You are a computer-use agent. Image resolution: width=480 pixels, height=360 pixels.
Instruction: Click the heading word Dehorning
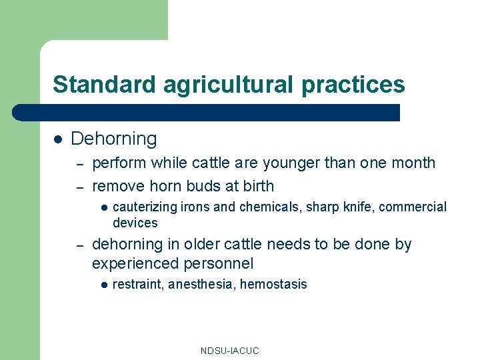click(x=114, y=139)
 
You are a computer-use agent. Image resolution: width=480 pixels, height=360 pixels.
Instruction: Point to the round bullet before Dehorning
click(x=58, y=139)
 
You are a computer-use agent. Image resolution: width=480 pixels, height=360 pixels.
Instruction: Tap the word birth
click(x=256, y=185)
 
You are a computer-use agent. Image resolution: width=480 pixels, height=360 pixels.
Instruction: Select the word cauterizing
click(x=145, y=207)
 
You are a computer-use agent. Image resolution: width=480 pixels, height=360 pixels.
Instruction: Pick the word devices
click(x=135, y=223)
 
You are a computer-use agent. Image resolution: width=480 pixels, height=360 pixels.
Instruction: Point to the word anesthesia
click(x=201, y=285)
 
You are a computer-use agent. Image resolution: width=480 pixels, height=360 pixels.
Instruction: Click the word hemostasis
click(x=273, y=285)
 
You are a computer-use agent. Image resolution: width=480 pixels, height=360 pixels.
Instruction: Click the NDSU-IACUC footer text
click(x=229, y=351)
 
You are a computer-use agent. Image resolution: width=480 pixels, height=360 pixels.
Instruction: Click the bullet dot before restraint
click(x=103, y=285)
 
